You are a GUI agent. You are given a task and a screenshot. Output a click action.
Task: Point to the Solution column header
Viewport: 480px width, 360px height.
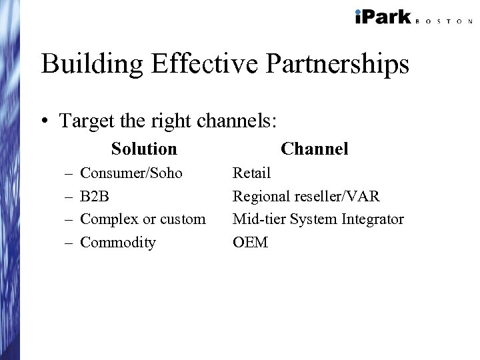coord(144,149)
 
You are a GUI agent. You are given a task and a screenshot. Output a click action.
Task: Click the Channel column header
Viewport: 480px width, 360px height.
coord(315,149)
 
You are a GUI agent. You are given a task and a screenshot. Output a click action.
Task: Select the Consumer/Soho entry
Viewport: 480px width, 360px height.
coord(131,173)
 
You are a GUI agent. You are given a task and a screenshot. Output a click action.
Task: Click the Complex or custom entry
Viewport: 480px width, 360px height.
coord(143,219)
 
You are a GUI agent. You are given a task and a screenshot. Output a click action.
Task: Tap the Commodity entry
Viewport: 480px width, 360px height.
coord(117,243)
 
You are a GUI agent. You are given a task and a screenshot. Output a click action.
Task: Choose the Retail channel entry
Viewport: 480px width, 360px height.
coord(251,173)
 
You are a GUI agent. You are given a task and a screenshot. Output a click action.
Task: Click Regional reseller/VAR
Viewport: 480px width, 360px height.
coord(306,197)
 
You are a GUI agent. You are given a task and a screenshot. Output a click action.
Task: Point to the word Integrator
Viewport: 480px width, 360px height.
coord(371,219)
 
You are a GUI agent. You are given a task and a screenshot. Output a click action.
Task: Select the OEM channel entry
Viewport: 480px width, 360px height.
coord(250,243)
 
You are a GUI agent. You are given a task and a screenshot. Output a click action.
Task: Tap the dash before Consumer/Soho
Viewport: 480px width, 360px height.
coord(69,174)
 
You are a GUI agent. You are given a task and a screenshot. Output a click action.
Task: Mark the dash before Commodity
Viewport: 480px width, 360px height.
coord(69,243)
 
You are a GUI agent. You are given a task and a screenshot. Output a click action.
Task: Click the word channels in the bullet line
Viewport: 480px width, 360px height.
coord(236,121)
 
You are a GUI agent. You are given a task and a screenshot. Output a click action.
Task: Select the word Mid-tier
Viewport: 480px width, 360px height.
coord(257,219)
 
